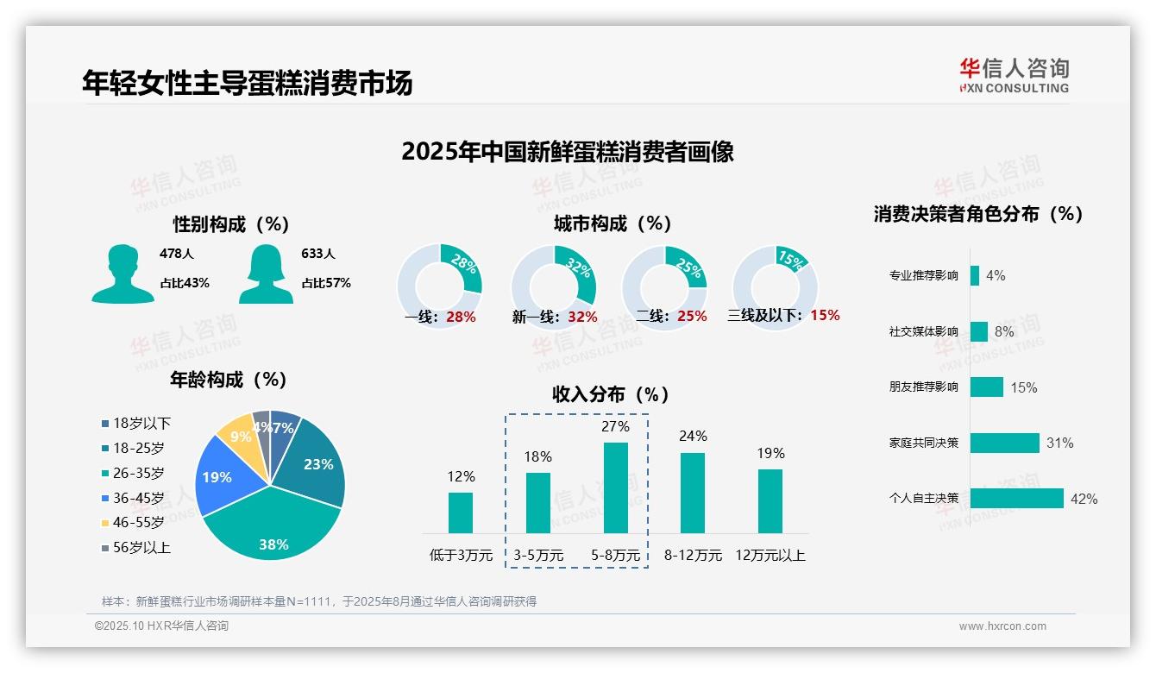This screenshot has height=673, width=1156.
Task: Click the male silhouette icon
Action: [x=123, y=274]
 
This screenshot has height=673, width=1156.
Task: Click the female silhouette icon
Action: [x=266, y=274]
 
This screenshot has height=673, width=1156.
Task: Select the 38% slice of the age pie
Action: [x=272, y=526]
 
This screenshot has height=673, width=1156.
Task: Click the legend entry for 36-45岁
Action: [x=137, y=498]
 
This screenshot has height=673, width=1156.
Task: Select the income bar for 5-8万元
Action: [x=615, y=487]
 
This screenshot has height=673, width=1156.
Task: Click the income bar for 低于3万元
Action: [x=461, y=513]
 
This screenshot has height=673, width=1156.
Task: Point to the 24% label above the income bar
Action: [x=693, y=436]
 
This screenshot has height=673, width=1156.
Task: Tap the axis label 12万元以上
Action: [x=770, y=556]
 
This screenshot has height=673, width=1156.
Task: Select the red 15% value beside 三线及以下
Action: [x=825, y=315]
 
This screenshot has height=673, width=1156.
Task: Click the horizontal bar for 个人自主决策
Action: [x=1016, y=498]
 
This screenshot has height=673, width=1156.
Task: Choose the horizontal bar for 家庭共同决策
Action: [x=1004, y=443]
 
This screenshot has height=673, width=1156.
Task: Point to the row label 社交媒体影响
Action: [x=923, y=331]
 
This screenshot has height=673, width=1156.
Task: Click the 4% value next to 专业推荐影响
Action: [x=996, y=275]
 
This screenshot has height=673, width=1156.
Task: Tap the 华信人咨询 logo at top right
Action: [x=1014, y=75]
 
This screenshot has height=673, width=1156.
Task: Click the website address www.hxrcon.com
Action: [x=1002, y=626]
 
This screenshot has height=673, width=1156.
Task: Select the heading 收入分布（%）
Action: [x=611, y=394]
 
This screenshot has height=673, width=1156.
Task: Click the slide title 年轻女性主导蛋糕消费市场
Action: [x=248, y=82]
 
